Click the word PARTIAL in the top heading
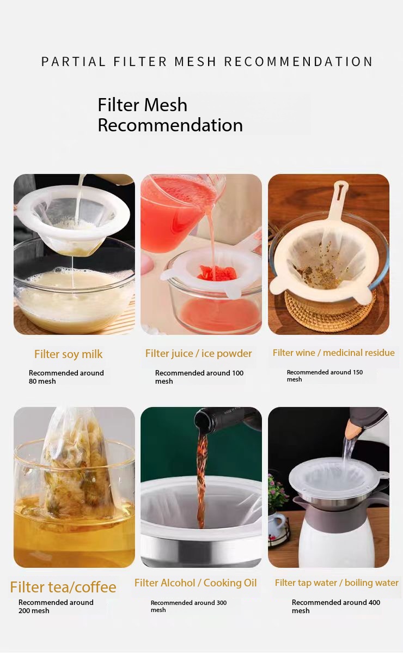tap(73, 62)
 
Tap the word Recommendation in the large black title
tap(170, 125)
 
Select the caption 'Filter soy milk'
tap(68, 354)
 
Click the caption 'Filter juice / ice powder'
tap(198, 354)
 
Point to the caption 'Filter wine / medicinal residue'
tap(333, 353)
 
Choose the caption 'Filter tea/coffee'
tap(63, 587)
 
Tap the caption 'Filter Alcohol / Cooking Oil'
tap(196, 583)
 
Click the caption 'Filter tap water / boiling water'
tap(337, 583)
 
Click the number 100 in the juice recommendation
tap(237, 373)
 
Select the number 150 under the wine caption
tap(357, 372)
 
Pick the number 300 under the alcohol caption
tap(222, 603)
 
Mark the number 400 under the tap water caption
tap(374, 602)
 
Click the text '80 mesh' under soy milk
tap(42, 381)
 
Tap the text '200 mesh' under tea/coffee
tap(34, 611)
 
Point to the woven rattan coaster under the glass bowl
tap(328, 310)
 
